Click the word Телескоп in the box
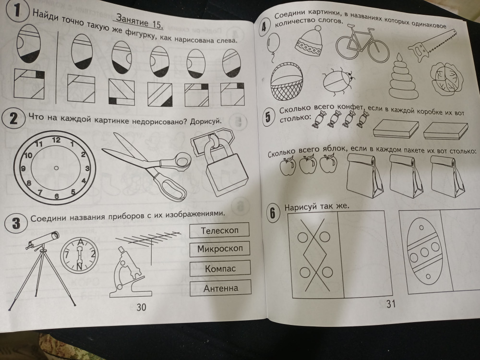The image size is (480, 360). click(x=219, y=230)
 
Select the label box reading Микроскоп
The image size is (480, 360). click(x=220, y=249)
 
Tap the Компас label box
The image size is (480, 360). click(x=220, y=268)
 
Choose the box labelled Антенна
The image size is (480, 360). click(x=220, y=288)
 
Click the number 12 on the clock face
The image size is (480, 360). click(x=56, y=140)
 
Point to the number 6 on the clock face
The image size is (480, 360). click(x=57, y=196)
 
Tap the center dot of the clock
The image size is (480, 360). click(x=56, y=168)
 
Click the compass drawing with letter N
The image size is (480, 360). click(x=79, y=255)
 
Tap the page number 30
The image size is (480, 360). click(x=141, y=307)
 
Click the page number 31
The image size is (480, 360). click(x=391, y=304)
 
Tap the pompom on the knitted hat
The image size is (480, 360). click(x=318, y=28)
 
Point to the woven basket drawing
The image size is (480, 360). click(x=287, y=82)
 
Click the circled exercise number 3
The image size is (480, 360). click(x=16, y=224)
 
